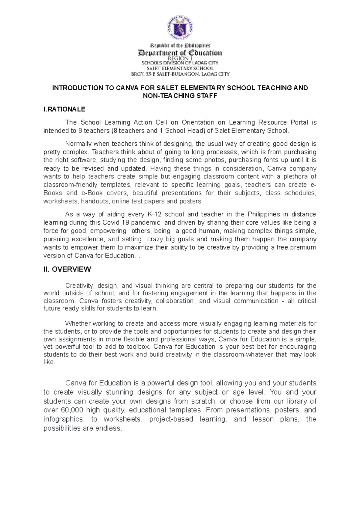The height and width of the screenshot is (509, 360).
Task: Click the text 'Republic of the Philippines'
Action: click(x=180, y=46)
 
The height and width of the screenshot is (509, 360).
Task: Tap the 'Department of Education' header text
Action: click(x=180, y=53)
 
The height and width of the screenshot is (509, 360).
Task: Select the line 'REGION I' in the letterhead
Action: click(x=180, y=58)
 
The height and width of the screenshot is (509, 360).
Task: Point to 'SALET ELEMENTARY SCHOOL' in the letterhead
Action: click(x=180, y=68)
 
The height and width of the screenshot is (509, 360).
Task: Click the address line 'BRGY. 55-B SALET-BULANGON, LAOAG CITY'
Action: click(x=180, y=74)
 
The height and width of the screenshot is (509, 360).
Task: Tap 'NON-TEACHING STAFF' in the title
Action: click(x=180, y=96)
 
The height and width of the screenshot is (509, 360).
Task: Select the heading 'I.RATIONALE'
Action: click(x=64, y=109)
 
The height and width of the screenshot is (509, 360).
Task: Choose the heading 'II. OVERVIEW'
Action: click(x=67, y=269)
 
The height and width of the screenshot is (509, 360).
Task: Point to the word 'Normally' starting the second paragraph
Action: click(x=76, y=144)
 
